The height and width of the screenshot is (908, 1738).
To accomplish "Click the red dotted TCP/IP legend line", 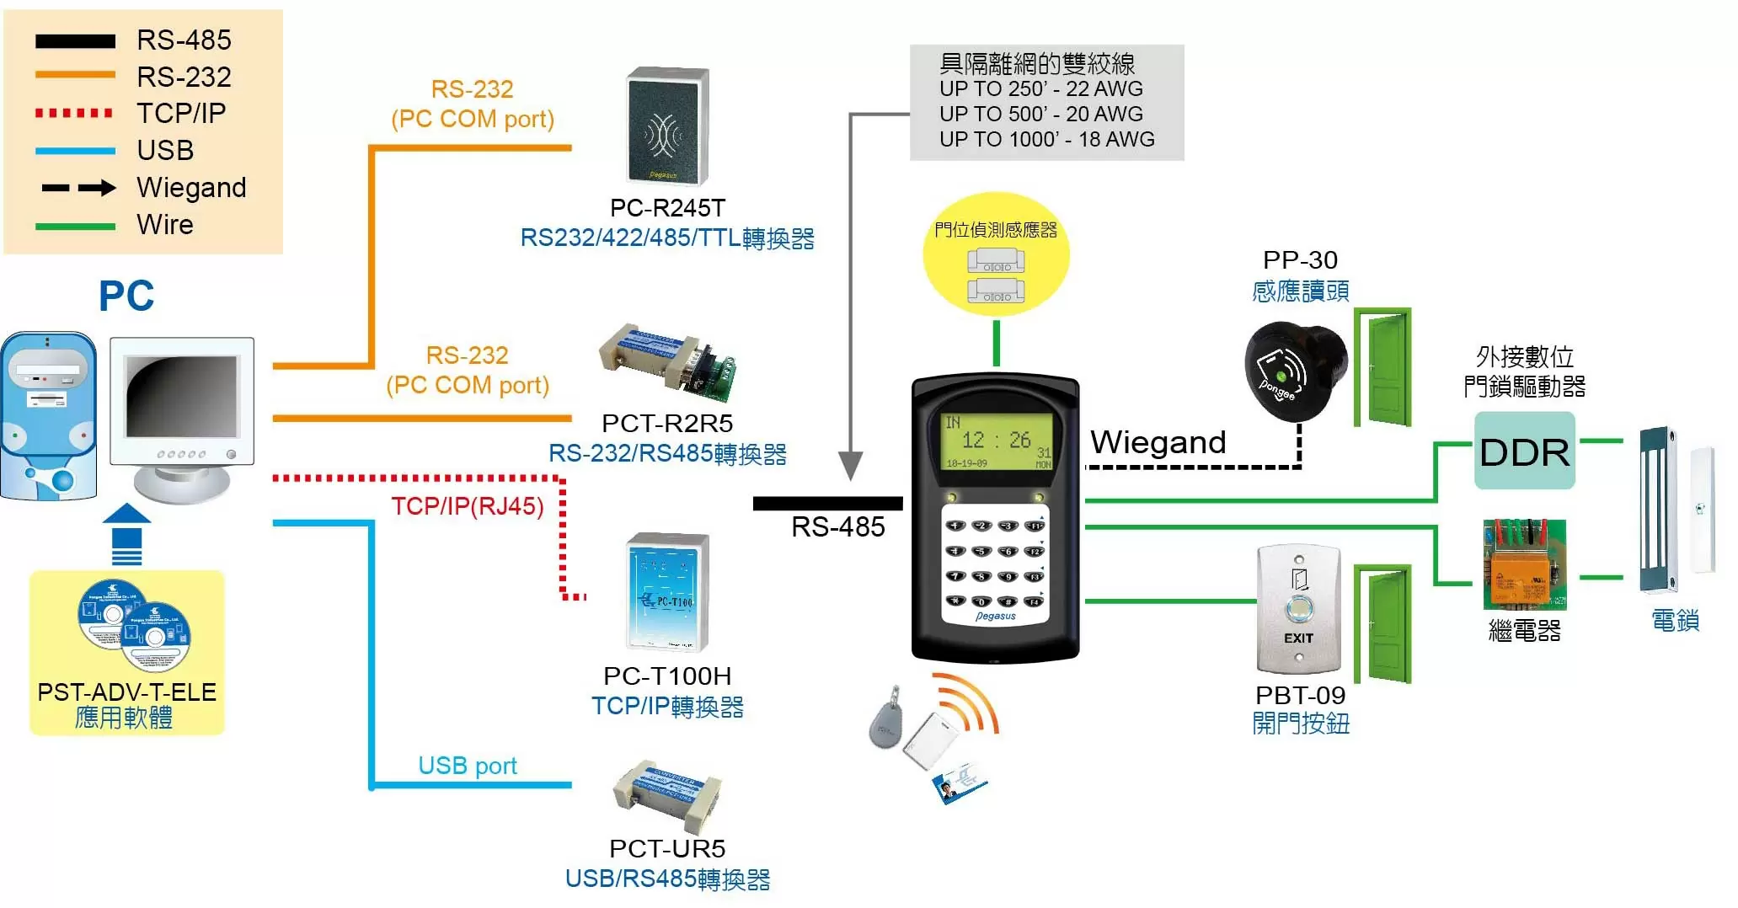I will click(x=74, y=113).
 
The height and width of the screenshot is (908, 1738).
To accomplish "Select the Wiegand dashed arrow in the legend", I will click(x=78, y=188).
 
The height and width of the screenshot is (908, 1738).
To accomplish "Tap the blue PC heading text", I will click(x=126, y=296).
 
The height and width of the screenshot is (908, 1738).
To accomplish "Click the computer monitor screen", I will click(x=181, y=395).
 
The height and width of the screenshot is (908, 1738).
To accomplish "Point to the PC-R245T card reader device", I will click(x=666, y=126).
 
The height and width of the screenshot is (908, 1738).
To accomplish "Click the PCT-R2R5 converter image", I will click(x=667, y=361).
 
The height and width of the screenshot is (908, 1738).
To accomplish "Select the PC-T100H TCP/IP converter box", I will click(x=668, y=592).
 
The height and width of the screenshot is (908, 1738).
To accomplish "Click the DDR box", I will click(x=1524, y=451).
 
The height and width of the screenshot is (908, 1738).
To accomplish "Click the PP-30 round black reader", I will click(x=1294, y=370).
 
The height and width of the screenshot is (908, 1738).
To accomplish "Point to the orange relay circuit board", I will click(x=1524, y=564).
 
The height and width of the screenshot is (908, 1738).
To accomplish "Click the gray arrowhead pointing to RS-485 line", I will click(x=851, y=465).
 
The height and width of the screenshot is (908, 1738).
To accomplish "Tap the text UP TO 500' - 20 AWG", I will click(x=1041, y=114).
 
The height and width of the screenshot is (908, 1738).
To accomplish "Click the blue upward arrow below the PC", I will click(x=126, y=533).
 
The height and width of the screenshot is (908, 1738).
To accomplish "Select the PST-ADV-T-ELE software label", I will click(x=127, y=692).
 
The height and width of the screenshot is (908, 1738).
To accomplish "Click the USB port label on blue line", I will click(x=468, y=766).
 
